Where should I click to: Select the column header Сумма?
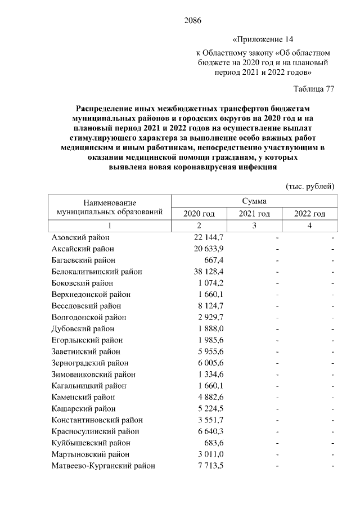(254, 201)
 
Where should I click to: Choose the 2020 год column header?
(199, 214)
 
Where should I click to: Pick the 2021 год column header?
(254, 214)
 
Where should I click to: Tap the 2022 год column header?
(310, 214)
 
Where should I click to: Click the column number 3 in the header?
(254, 226)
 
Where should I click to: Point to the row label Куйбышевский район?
(87, 443)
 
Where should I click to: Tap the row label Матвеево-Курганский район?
(103, 466)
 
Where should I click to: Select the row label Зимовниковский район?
(93, 374)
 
